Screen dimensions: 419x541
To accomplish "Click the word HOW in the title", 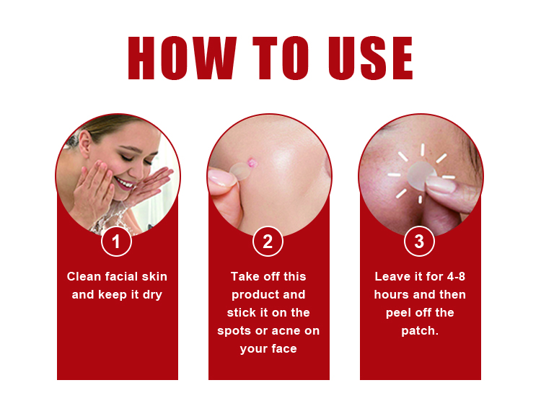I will [x=182, y=58].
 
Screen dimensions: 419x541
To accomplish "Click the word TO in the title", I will [x=277, y=58].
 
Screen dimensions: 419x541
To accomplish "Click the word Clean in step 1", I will [x=84, y=277].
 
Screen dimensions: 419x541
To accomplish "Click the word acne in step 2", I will [x=303, y=331].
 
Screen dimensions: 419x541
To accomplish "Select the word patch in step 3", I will [x=418, y=331].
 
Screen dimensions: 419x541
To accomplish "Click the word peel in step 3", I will [x=399, y=313].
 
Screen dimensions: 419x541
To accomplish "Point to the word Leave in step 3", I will [x=392, y=277].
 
